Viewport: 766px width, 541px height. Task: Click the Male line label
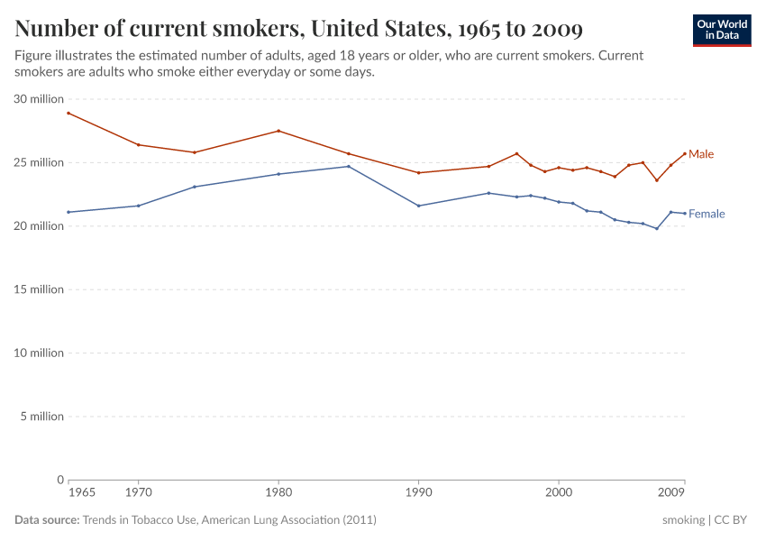tap(700, 154)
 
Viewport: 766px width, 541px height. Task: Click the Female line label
tap(706, 214)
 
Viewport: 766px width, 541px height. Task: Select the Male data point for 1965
tap(68, 113)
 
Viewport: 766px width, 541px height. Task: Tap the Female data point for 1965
tap(68, 212)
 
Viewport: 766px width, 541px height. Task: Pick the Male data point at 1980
tap(278, 131)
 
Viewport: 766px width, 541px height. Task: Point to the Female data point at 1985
tap(349, 166)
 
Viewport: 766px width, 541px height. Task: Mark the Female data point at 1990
tap(419, 206)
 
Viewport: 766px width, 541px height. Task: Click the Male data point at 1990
tap(419, 172)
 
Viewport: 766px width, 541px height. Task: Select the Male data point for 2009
tap(685, 152)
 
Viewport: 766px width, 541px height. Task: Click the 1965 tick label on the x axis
tap(82, 494)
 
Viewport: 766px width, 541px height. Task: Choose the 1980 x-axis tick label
tap(278, 494)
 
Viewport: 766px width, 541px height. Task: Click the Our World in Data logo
tap(722, 30)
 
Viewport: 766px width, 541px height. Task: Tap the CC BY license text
tap(734, 520)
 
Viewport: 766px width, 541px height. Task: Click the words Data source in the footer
tap(47, 520)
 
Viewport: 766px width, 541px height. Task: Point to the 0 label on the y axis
tap(59, 480)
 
